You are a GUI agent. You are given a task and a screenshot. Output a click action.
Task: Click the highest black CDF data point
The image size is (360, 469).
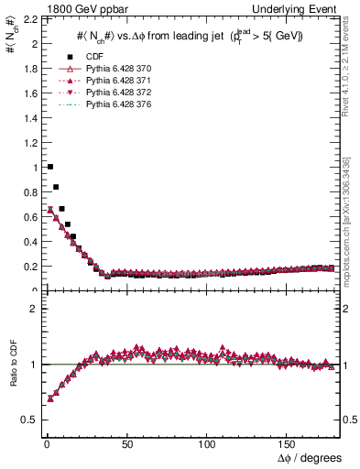(x=49, y=167)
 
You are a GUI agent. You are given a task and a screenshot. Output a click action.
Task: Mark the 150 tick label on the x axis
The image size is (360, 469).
(x=289, y=443)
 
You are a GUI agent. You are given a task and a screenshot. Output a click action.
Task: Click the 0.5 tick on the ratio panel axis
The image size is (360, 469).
(x=28, y=420)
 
